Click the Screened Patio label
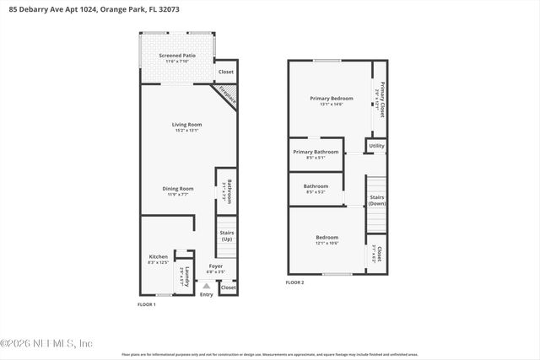(176, 56)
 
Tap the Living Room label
(187, 124)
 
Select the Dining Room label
(178, 188)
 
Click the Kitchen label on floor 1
(158, 257)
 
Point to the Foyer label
(215, 266)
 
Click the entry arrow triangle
(206, 286)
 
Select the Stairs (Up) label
(226, 235)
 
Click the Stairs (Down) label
(377, 200)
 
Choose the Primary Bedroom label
(326, 99)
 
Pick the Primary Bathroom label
(316, 152)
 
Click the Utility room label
(376, 145)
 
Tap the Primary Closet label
(381, 99)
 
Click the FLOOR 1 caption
(147, 304)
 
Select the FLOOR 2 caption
(294, 282)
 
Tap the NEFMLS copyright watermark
(46, 343)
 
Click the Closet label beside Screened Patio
(226, 72)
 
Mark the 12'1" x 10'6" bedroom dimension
(327, 243)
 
